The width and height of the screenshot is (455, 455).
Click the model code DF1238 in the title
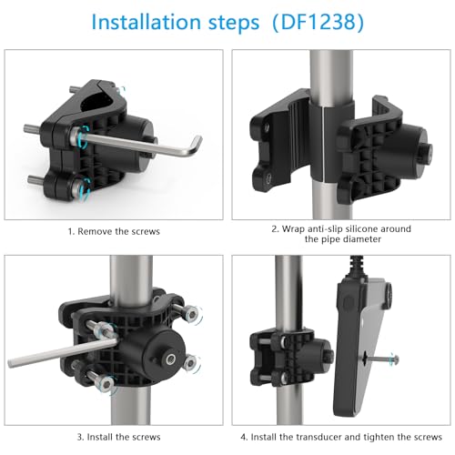tap(318, 22)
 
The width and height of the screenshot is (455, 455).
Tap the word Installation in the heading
tap(146, 22)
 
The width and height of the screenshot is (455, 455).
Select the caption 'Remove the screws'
tap(118, 231)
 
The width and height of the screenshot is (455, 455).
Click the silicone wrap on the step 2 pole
tap(331, 142)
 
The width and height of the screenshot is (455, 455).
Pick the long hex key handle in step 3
tap(62, 353)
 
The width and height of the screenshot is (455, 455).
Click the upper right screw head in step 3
tap(192, 315)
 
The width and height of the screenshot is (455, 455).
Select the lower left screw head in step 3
tap(106, 383)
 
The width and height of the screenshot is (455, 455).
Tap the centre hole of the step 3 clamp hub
tap(170, 359)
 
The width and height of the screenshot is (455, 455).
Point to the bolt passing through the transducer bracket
tap(381, 359)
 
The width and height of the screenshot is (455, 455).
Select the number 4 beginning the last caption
tap(243, 437)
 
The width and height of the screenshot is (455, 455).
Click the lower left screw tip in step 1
tap(30, 179)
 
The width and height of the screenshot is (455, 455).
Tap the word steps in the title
tap(234, 23)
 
